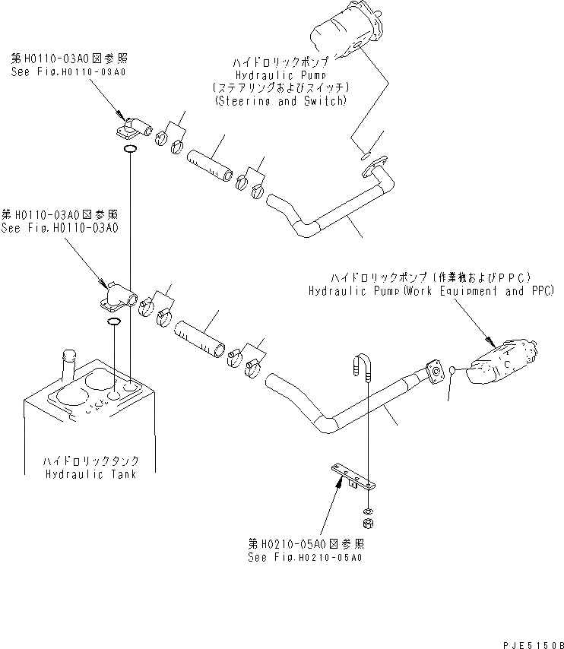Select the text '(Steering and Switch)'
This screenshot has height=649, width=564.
coord(280,100)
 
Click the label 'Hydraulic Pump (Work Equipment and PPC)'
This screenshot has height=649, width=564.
coord(429,290)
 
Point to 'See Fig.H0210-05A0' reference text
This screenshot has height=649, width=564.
coord(304,556)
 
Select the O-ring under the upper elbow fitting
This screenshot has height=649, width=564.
coord(130,149)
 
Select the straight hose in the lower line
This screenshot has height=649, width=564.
coord(201,336)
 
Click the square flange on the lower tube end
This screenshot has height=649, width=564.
coord(436,374)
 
